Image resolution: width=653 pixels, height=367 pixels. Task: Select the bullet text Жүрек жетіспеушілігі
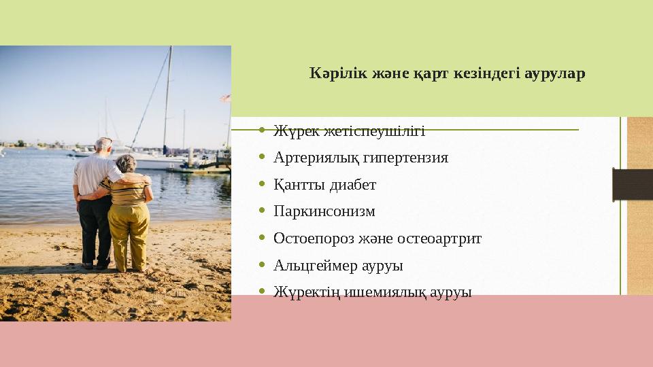(x=349, y=130)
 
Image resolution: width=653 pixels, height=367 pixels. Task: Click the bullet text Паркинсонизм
(x=324, y=211)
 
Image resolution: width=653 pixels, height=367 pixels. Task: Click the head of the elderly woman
(x=126, y=164)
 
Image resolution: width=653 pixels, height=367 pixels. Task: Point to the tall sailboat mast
(x=167, y=95)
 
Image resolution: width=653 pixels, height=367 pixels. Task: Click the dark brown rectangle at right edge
(x=632, y=184)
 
